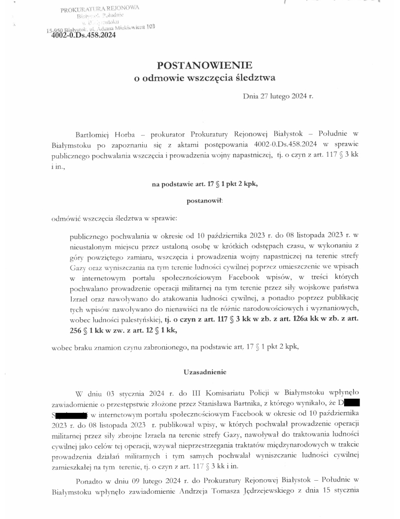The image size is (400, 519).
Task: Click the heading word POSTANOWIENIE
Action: [x=204, y=65]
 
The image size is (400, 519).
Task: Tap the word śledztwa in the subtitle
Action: [x=257, y=78]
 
